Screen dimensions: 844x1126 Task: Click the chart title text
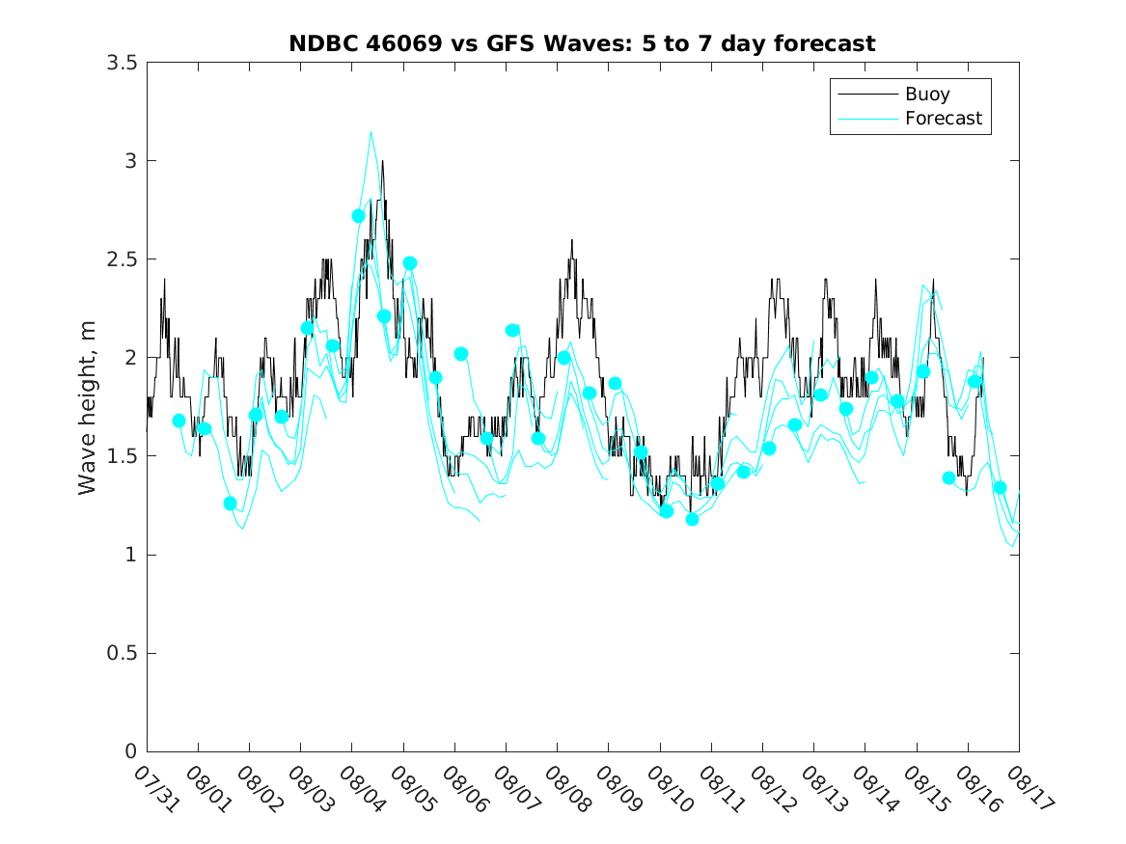pos(582,43)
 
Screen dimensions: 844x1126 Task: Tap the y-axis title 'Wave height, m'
pos(88,407)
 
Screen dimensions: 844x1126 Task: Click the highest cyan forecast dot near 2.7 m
pos(359,216)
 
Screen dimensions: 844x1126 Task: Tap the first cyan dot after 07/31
pos(179,421)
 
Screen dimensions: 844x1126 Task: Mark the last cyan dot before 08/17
pos(1000,487)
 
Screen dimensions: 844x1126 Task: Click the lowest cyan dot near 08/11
pos(692,519)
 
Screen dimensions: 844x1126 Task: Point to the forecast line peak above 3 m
pos(371,131)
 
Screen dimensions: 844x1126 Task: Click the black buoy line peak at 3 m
pos(382,161)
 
